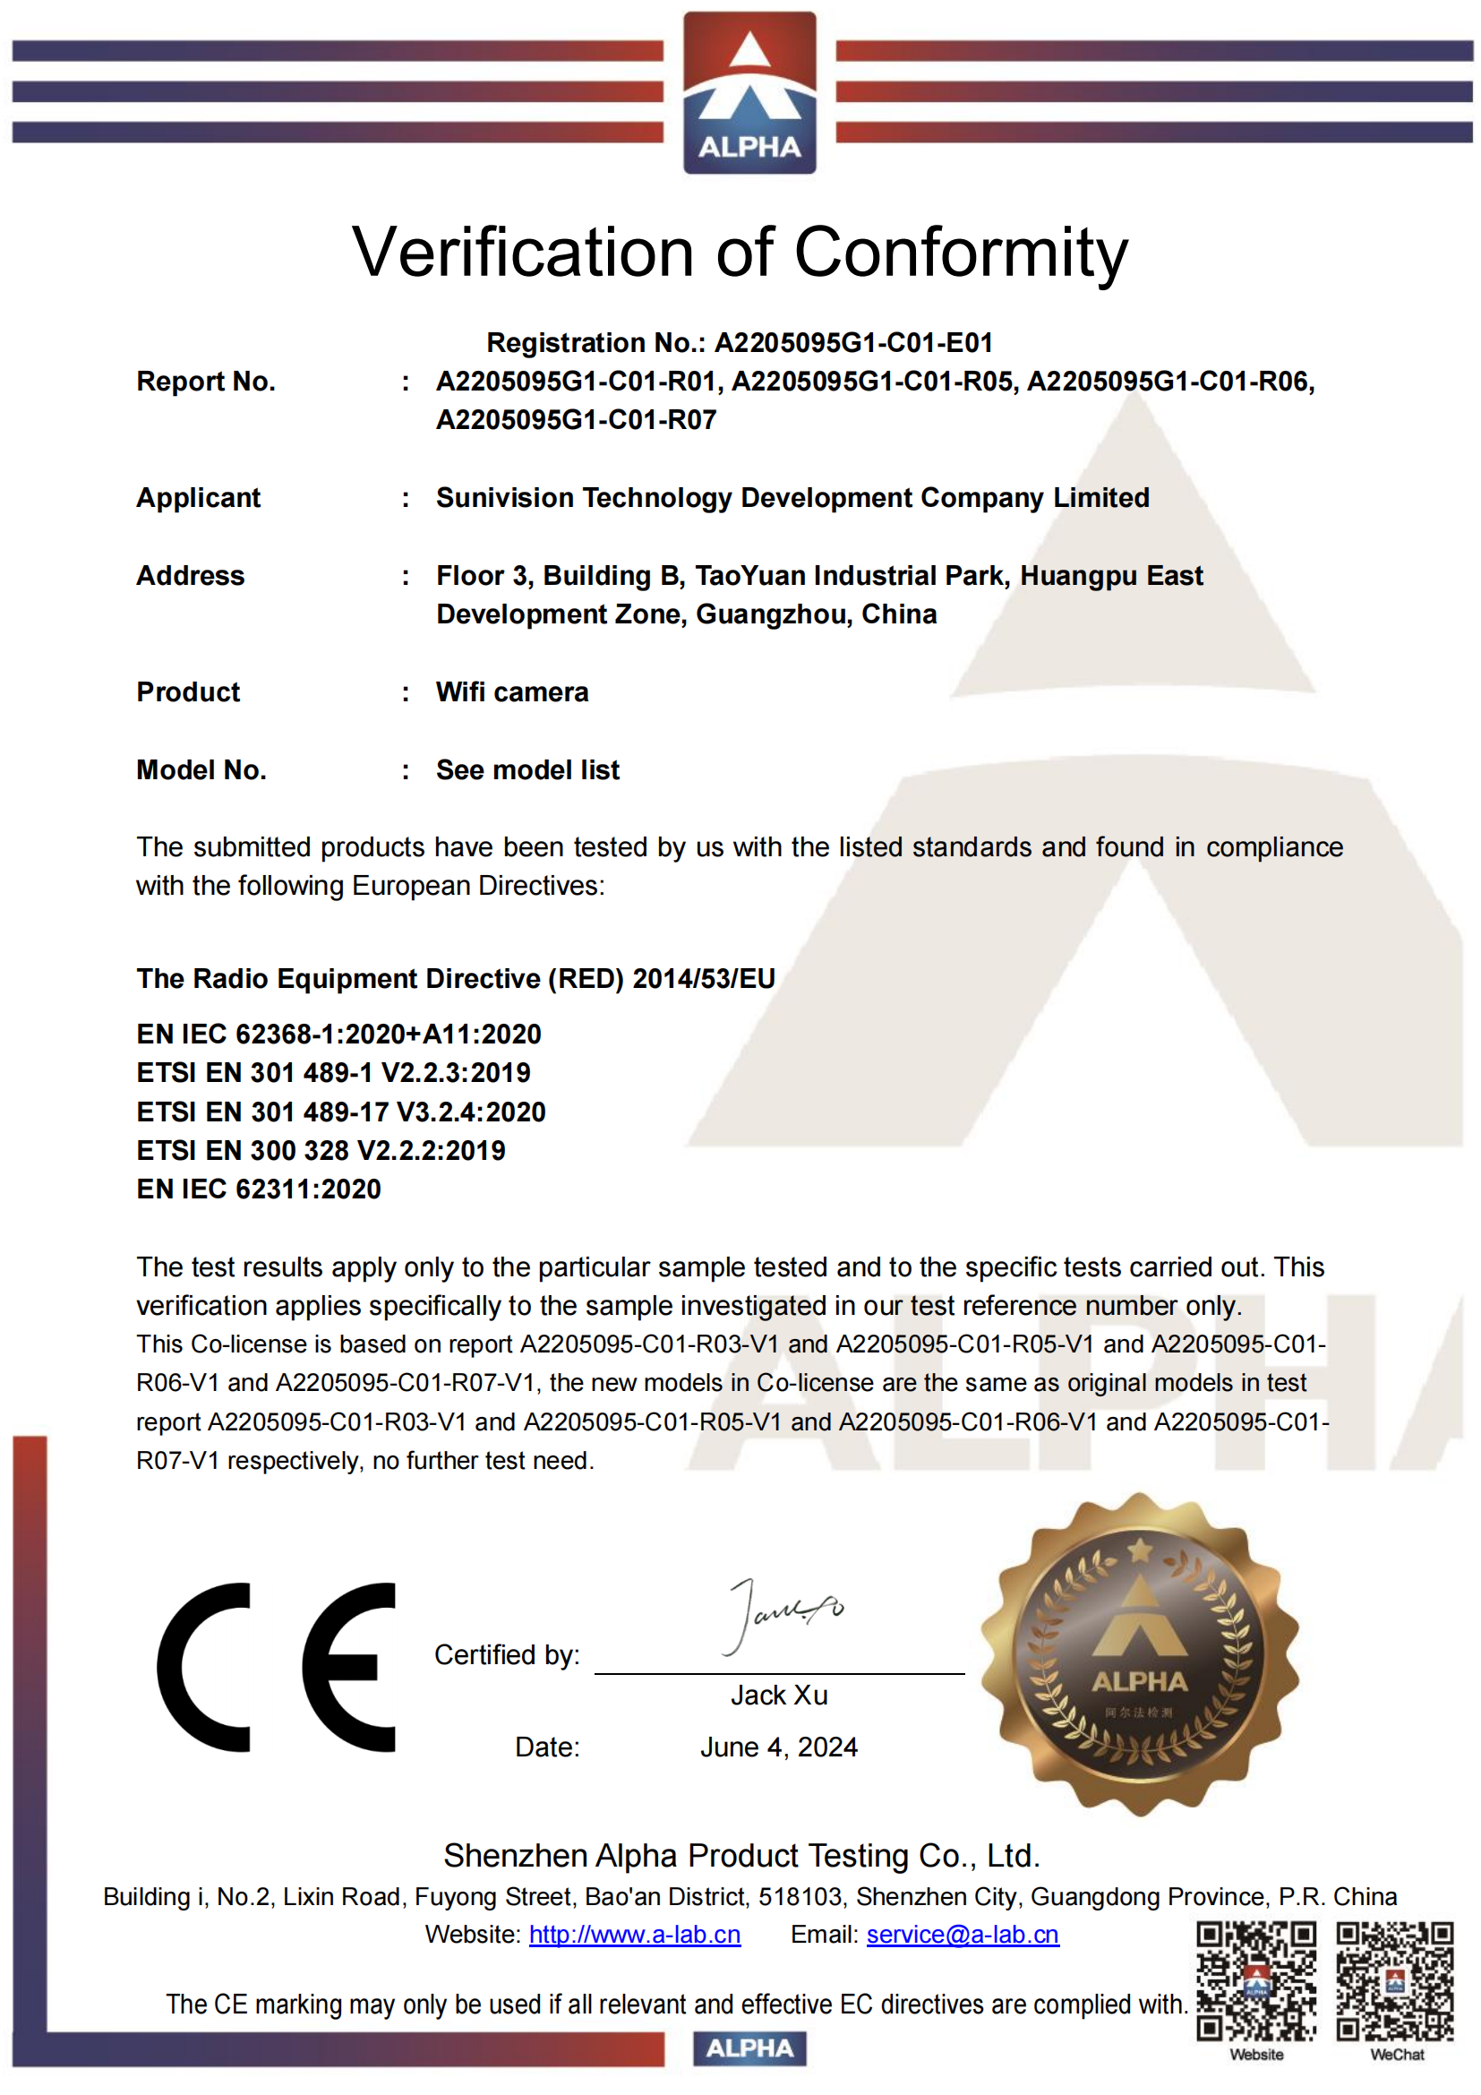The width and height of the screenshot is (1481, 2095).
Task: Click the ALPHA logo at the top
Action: tap(749, 92)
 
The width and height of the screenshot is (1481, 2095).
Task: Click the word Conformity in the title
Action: tap(961, 252)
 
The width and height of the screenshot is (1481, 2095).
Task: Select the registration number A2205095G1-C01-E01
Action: tap(853, 343)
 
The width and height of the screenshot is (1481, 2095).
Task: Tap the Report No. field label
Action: tap(205, 382)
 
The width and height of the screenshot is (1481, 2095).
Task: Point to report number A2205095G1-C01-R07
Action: tap(577, 420)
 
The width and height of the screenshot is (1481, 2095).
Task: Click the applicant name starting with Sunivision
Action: tap(792, 498)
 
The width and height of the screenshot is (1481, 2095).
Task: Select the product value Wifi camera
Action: tap(512, 692)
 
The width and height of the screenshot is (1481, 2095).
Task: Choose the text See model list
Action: tap(528, 770)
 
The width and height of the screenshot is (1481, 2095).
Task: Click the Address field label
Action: tap(191, 576)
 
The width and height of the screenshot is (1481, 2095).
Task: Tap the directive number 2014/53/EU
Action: tap(703, 979)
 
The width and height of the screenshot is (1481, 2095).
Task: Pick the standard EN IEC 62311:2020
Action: tap(259, 1189)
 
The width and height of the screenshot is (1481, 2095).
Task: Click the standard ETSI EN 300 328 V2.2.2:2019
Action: tap(321, 1151)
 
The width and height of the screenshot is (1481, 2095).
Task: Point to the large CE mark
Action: tap(277, 1667)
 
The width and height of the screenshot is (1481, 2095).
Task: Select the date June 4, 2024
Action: tap(779, 1747)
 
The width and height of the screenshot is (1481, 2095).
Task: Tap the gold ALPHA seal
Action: tap(1139, 1653)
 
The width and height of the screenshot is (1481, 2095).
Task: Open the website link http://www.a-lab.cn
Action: tap(635, 1935)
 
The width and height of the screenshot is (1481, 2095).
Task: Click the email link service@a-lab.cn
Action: tap(962, 1935)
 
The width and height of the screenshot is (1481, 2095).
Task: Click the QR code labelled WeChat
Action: tap(1394, 1981)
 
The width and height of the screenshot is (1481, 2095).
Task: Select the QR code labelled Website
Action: tap(1255, 1981)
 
